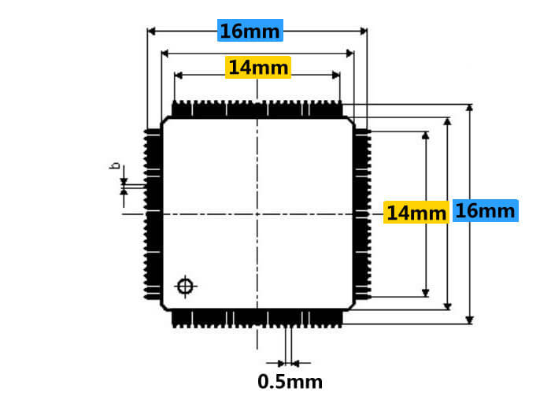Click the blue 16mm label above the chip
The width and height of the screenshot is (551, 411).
tap(250, 31)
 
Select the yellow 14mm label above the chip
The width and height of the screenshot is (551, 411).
tap(258, 68)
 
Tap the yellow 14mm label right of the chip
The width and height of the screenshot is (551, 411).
tap(416, 213)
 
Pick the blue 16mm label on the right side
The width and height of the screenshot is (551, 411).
tap(485, 211)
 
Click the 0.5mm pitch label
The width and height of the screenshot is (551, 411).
tap(290, 383)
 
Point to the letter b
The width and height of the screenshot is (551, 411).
tap(115, 166)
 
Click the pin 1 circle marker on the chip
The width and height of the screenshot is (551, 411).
tap(185, 286)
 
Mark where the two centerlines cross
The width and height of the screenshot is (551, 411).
tap(257, 213)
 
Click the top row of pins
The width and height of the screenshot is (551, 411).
tap(257, 109)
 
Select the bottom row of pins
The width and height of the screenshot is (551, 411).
tap(257, 317)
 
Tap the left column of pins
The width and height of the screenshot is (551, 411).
tap(152, 213)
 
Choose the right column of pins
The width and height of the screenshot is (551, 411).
tap(361, 213)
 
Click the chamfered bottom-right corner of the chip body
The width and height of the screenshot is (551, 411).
tap(349, 305)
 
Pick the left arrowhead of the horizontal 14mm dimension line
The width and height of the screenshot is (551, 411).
tap(177, 76)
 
